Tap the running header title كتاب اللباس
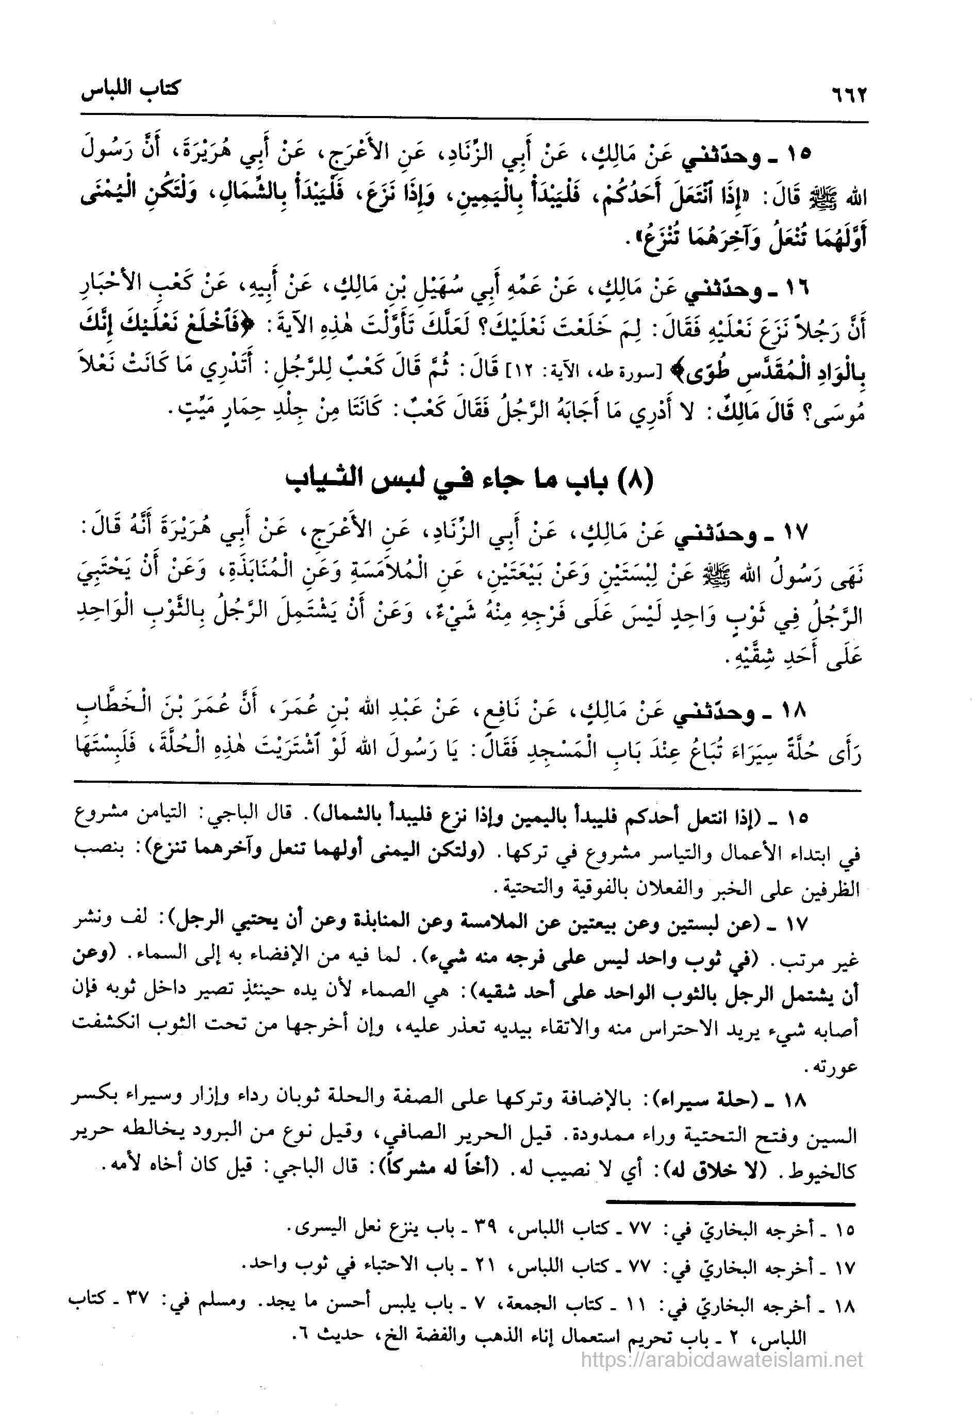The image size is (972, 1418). pos(130,90)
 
